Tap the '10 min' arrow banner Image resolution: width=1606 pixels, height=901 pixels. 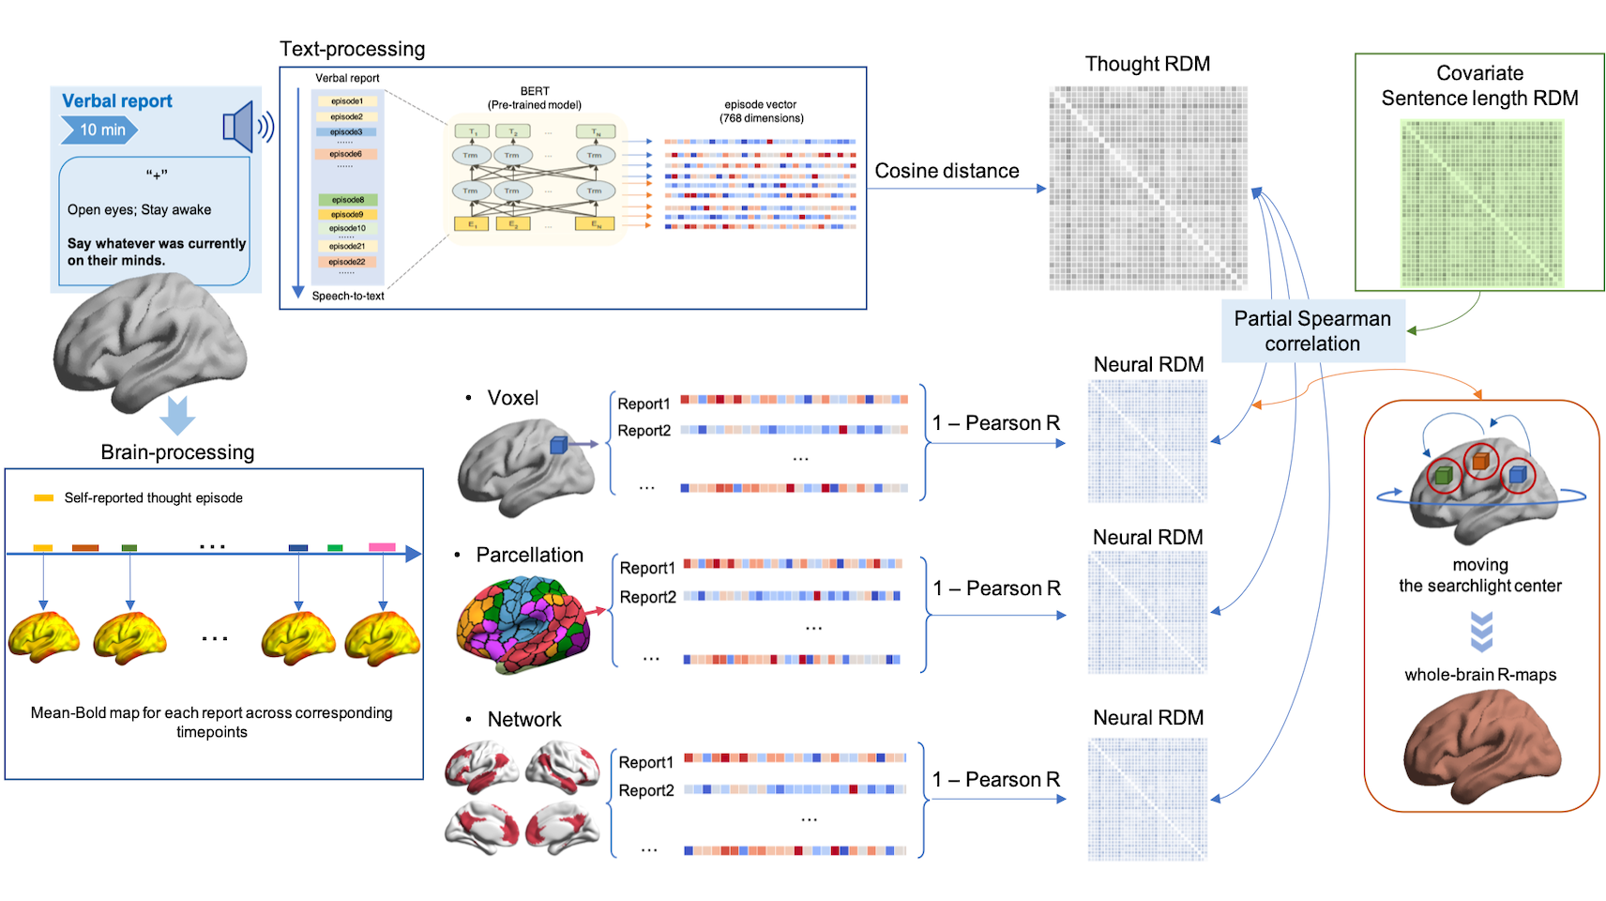[x=99, y=130]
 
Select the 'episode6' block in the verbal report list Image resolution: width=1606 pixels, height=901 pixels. [x=346, y=154]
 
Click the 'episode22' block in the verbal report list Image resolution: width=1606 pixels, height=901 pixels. [x=346, y=262]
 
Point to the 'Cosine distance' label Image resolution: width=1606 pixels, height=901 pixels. [x=947, y=171]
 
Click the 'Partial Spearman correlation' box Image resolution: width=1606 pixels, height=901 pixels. [x=1312, y=331]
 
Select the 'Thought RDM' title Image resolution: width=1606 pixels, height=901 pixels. [x=1147, y=64]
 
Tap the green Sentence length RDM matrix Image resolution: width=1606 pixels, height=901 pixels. [x=1482, y=203]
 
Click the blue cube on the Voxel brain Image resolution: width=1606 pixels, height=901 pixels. [x=559, y=445]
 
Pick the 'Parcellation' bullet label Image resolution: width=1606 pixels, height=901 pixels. [x=529, y=555]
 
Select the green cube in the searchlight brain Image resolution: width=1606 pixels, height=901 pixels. [x=1444, y=475]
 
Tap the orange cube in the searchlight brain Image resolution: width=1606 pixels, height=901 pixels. [x=1480, y=461]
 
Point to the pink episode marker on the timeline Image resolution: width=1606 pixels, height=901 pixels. [x=382, y=547]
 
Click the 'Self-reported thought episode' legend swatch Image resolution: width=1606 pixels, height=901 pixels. [x=43, y=498]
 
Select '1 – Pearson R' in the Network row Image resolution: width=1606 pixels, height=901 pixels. [x=995, y=780]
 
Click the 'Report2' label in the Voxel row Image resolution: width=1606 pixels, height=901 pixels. [x=644, y=431]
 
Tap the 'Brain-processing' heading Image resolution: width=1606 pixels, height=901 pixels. [x=177, y=452]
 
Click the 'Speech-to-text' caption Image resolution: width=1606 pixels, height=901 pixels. [x=348, y=296]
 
